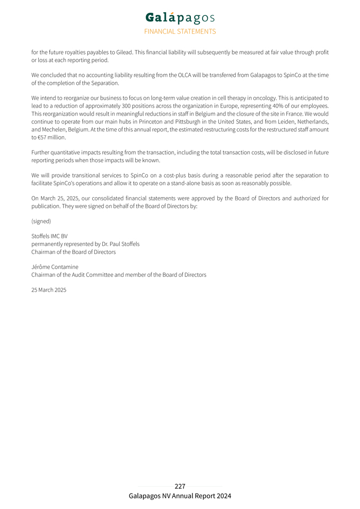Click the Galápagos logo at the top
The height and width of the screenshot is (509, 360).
[180, 18]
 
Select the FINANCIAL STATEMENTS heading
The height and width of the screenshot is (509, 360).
[180, 31]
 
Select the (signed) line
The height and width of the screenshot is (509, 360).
[41, 221]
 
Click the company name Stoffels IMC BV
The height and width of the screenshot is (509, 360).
[49, 236]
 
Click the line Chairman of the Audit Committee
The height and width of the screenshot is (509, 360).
[119, 275]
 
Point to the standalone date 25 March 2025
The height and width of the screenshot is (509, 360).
[49, 290]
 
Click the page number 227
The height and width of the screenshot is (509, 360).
[180, 486]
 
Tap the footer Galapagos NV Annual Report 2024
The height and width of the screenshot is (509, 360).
[180, 496]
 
